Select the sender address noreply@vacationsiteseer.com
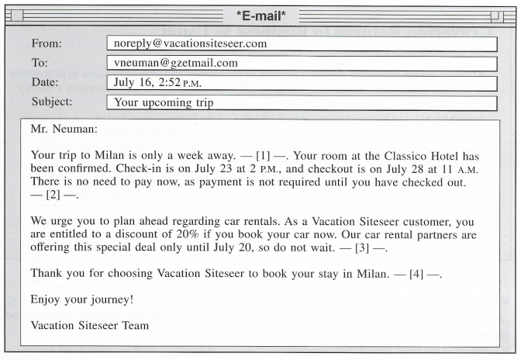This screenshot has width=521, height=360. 190,44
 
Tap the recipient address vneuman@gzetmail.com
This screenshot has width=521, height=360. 176,64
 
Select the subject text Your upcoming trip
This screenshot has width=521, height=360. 164,102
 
